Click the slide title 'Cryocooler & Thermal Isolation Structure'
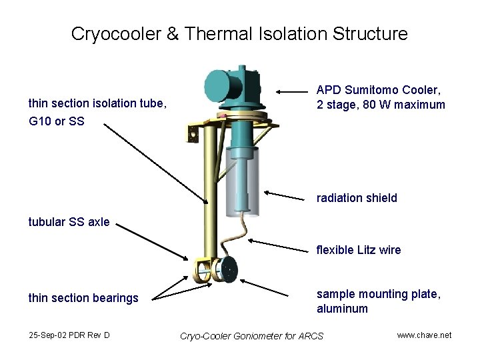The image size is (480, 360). click(239, 33)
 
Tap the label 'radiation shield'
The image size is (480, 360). click(357, 198)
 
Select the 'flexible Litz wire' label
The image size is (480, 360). click(358, 250)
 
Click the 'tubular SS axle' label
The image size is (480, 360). click(69, 222)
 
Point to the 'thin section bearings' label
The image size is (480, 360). click(83, 298)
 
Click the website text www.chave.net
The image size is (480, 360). click(424, 335)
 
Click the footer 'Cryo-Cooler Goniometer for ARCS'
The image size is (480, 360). click(251, 335)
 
